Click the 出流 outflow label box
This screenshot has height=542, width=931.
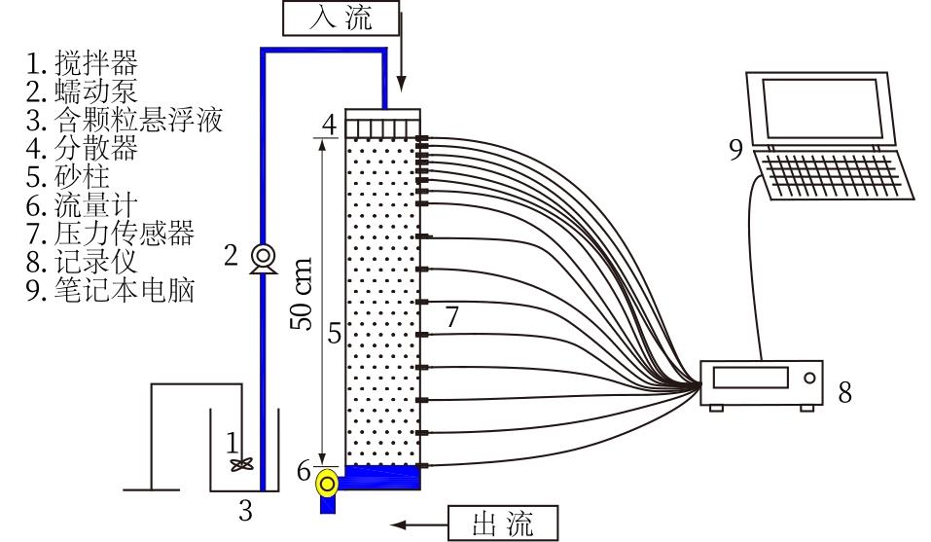(x=503, y=524)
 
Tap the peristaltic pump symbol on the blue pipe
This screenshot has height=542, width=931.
(x=263, y=257)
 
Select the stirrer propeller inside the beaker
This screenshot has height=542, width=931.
(x=241, y=465)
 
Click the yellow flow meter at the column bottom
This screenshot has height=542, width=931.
(x=328, y=480)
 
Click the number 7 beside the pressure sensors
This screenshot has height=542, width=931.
(x=450, y=316)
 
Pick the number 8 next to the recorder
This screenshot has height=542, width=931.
(x=844, y=392)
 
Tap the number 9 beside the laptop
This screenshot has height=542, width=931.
(x=735, y=149)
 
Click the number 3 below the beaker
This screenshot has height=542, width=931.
(x=246, y=511)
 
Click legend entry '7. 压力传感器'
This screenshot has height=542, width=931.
(x=110, y=234)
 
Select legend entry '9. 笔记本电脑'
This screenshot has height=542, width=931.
(x=110, y=290)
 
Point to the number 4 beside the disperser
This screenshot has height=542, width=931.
(x=330, y=126)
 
